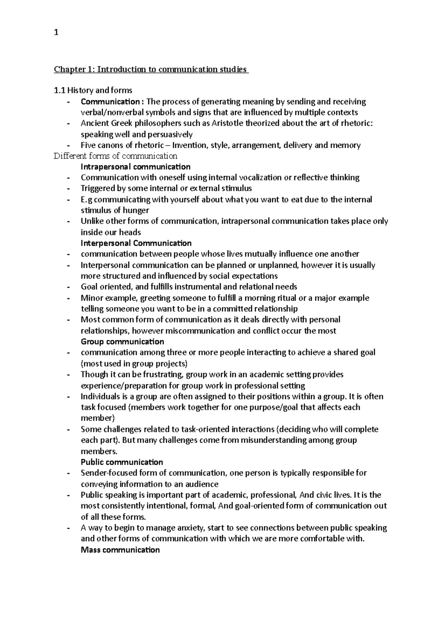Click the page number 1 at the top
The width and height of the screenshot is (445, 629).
pyautogui.click(x=56, y=33)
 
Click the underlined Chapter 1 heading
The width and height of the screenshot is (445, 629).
pyautogui.click(x=151, y=69)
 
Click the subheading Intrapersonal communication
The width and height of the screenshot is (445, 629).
pyautogui.click(x=135, y=167)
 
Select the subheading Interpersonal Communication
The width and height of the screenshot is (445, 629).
pyautogui.click(x=136, y=243)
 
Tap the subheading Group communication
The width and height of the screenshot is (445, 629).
pyautogui.click(x=122, y=342)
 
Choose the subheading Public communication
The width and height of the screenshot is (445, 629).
pyautogui.click(x=122, y=462)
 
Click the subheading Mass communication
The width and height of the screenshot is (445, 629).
pyautogui.click(x=120, y=550)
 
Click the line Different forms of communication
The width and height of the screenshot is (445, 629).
pyautogui.click(x=115, y=156)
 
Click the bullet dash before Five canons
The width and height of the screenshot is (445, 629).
pyautogui.click(x=68, y=145)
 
